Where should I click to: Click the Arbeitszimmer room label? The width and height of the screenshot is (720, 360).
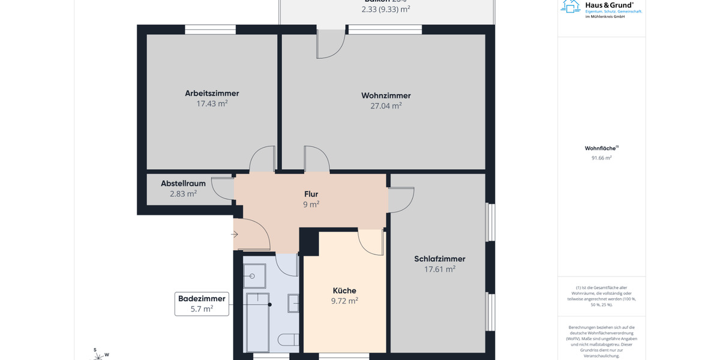pos(212,93)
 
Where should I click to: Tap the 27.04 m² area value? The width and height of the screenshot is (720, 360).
pos(386,106)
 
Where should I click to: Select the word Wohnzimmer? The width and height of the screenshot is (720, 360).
pos(386,95)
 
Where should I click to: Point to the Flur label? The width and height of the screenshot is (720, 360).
pos(311,194)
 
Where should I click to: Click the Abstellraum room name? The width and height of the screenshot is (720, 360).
pos(183,184)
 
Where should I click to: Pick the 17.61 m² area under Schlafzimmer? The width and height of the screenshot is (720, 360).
pos(439,269)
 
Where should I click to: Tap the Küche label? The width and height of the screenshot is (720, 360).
pos(344,290)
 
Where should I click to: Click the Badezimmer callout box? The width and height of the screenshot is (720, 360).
pos(202,304)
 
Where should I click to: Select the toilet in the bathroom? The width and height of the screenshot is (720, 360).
pos(287,340)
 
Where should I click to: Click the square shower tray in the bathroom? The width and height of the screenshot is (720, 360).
pos(255,275)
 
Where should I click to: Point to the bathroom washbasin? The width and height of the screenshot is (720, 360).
pos(293,303)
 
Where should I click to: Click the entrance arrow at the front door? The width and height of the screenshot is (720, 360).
pos(235,234)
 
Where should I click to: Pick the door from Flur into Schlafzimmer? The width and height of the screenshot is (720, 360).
pos(401,200)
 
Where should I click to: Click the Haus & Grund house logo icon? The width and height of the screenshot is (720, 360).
pos(570,6)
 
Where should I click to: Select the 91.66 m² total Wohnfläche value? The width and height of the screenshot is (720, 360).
pos(601,158)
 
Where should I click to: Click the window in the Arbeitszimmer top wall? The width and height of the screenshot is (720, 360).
pos(210,29)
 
